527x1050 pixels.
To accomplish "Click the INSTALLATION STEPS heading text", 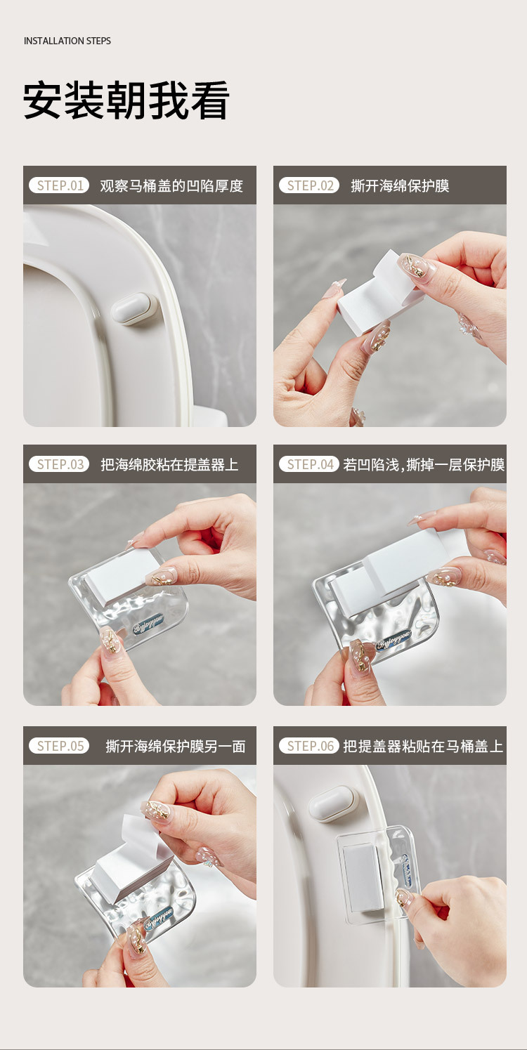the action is [x=67, y=41].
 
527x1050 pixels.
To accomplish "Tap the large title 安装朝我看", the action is [x=126, y=100].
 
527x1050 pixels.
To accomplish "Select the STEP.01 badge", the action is [x=59, y=185].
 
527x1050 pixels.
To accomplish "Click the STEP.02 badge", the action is [x=309, y=185].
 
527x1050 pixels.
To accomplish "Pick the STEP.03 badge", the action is [x=59, y=464].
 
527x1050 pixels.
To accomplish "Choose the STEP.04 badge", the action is [x=309, y=464].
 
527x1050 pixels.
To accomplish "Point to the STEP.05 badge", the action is [x=59, y=746].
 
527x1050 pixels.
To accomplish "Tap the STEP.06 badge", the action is [x=309, y=746].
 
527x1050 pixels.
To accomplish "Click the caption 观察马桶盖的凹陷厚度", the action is [x=171, y=186].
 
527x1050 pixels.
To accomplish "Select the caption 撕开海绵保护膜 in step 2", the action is [x=400, y=186].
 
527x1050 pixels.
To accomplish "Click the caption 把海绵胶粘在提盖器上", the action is [x=170, y=465].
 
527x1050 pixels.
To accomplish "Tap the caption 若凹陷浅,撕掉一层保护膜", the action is [x=424, y=465].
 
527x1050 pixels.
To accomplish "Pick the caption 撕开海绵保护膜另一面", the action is [x=176, y=747].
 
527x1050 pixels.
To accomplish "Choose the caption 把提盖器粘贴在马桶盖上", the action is [x=423, y=747].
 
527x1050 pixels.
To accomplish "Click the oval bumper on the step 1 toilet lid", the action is [x=135, y=308].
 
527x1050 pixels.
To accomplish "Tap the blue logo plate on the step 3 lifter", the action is [x=148, y=624].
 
